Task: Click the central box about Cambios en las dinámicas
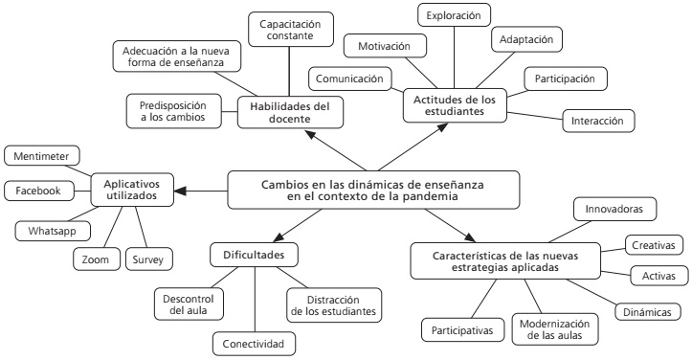[x=373, y=190]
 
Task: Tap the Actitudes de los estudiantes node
[x=457, y=104]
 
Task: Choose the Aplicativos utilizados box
[x=133, y=189]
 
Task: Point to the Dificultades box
[x=254, y=255]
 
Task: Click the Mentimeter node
[x=42, y=156]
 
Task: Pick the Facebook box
[x=37, y=191]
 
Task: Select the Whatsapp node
[x=46, y=231]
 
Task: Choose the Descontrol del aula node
[x=189, y=304]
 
